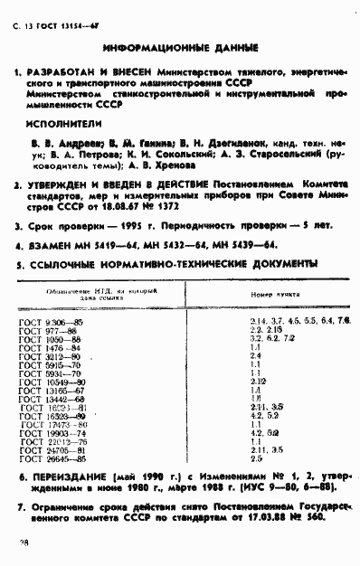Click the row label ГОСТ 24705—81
click(54, 449)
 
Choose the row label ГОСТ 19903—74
click(54, 432)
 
